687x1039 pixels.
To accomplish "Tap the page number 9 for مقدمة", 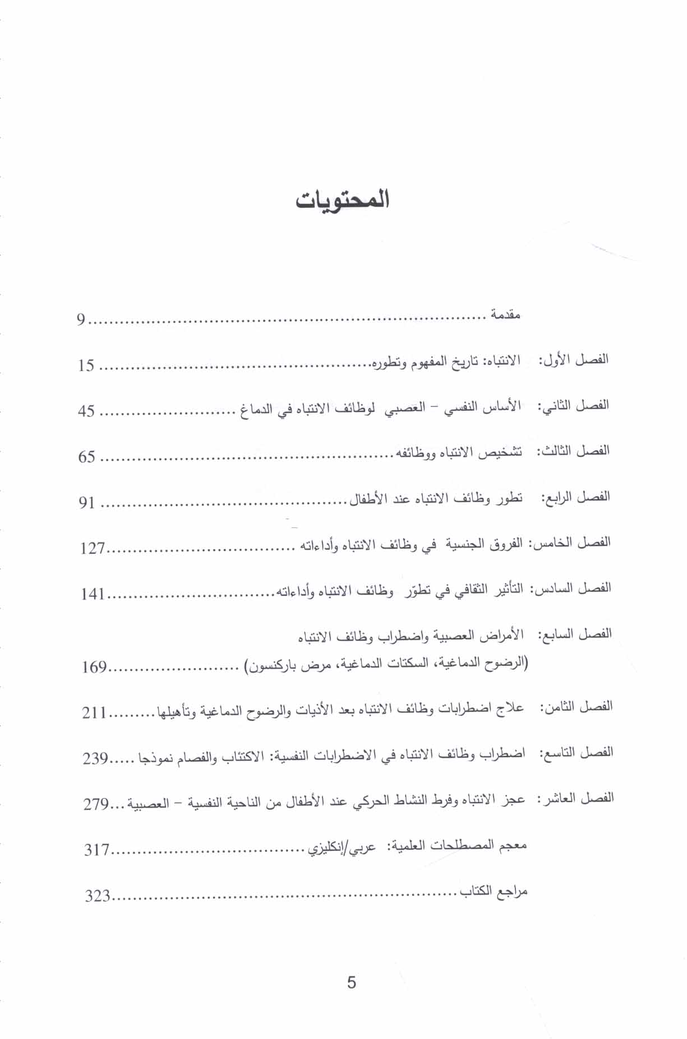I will coord(81,321).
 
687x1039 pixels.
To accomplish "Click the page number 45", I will coord(86,412).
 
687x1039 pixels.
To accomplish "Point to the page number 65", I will coord(86,457).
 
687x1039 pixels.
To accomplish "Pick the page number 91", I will coord(86,503).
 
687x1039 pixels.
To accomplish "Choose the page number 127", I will coord(93,548).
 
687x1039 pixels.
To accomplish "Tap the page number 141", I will coord(93,593).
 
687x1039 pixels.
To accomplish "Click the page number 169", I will coord(94,667).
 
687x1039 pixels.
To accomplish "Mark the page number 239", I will coord(95,759).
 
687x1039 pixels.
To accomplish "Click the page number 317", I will coord(96,850).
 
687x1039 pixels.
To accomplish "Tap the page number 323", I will coord(96,896).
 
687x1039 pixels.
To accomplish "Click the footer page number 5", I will coord(352,982).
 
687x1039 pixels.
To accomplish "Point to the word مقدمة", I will coord(506,315).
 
